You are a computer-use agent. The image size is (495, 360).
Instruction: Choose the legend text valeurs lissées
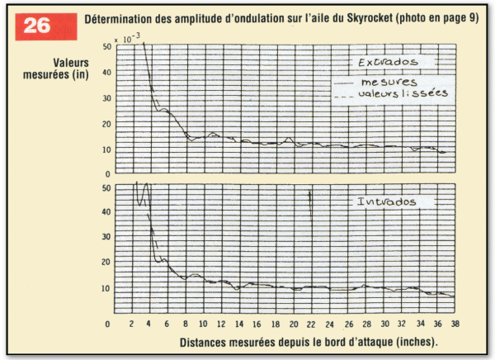coord(403,95)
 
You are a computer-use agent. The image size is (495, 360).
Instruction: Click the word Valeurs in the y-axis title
coord(69,62)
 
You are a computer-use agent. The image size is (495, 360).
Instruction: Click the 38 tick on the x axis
coord(454,324)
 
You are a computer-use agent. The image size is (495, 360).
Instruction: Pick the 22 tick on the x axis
coord(309,324)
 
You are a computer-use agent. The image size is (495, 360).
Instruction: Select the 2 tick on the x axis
coord(130,324)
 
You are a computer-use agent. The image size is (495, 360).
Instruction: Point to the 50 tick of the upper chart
coord(106,47)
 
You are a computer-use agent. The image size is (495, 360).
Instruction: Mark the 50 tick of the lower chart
coord(106,188)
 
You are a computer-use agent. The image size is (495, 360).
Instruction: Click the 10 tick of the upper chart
coord(106,149)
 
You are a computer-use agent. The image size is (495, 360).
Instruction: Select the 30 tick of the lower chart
coord(106,238)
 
